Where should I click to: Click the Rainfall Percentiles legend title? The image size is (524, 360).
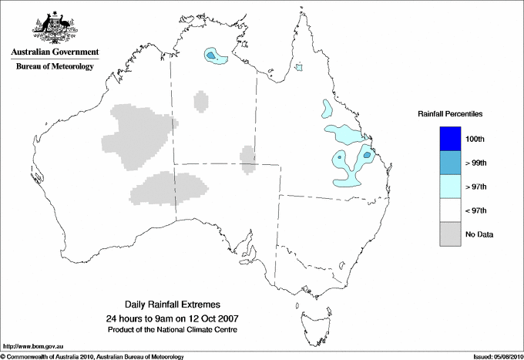450,114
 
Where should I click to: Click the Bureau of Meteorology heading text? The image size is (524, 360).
55,66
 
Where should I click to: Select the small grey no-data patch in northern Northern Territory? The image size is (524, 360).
200,101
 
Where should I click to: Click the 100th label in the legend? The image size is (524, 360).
475,139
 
